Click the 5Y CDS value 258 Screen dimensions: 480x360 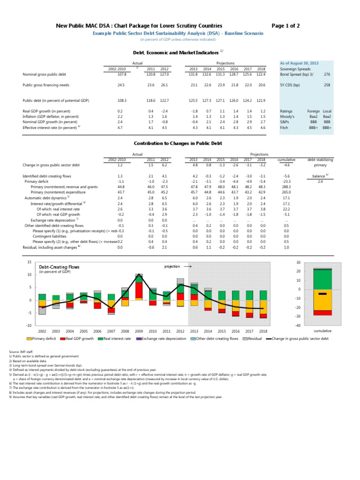click(x=327, y=85)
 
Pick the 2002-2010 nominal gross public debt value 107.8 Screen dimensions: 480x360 click(x=121, y=74)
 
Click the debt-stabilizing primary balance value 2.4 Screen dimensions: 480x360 click(x=320, y=181)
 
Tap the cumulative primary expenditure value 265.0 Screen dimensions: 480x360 click(x=286, y=192)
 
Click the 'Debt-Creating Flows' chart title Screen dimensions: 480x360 click(x=59, y=267)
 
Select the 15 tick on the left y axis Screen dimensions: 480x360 click(x=29, y=262)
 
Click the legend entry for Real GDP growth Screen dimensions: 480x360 click(x=79, y=337)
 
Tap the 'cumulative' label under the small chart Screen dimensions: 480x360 click(x=322, y=330)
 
